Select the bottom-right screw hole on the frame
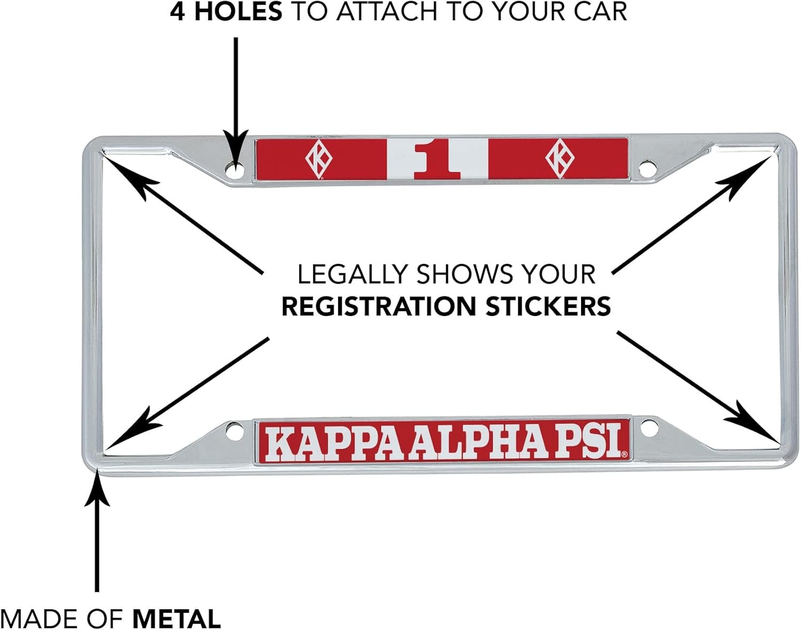tap(648, 428)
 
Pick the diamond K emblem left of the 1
tap(319, 159)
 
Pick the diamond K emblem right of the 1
tap(559, 159)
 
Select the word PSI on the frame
tap(590, 441)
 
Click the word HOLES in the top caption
tap(238, 12)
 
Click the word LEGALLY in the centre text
tap(352, 274)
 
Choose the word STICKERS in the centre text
tap(548, 306)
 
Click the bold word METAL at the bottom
tap(177, 619)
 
